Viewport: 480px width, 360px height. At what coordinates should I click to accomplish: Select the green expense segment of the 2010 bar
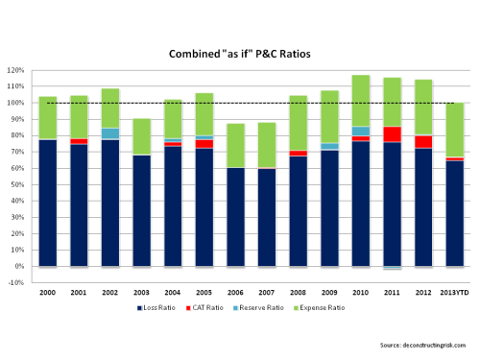[x=361, y=101]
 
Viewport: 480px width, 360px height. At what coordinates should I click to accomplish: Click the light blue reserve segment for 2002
[x=110, y=133]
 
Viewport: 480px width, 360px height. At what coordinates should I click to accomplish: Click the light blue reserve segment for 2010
[x=361, y=131]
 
